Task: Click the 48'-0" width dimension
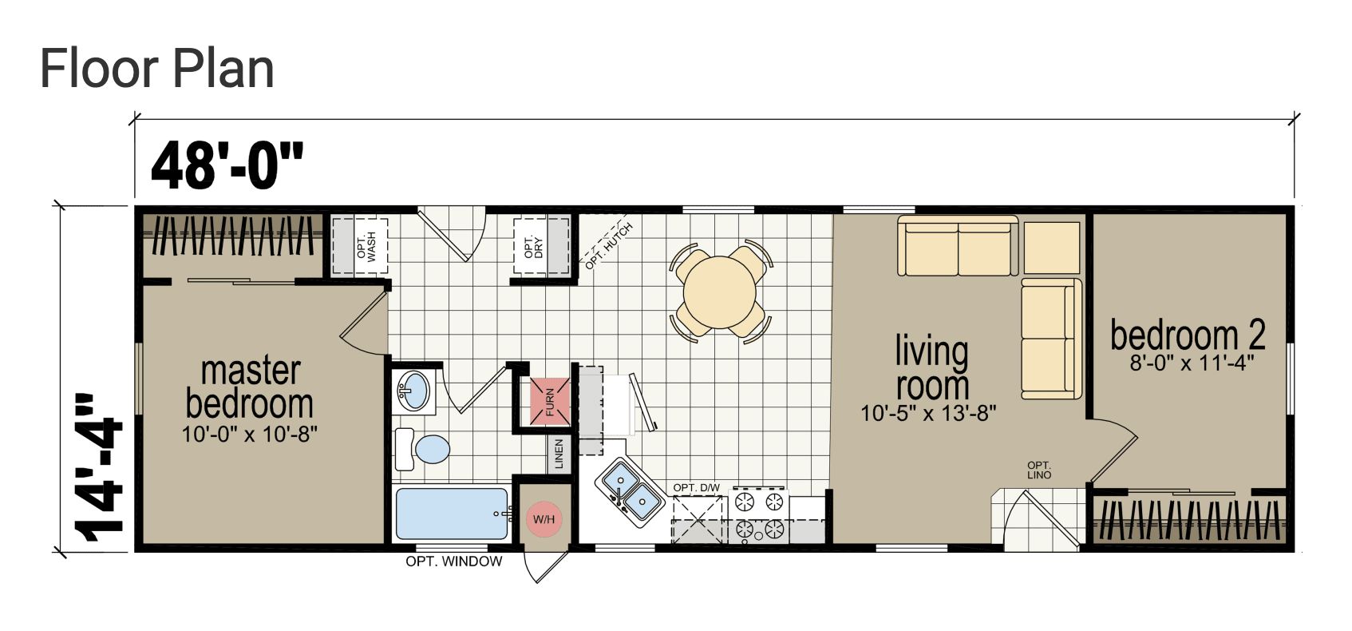click(227, 165)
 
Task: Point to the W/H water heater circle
click(544, 518)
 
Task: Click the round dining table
click(719, 293)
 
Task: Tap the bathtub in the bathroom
click(452, 514)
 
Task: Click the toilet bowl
click(433, 449)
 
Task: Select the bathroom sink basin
click(413, 391)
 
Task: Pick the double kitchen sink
click(631, 491)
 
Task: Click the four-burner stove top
click(759, 515)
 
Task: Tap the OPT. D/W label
click(697, 487)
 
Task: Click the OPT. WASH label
click(366, 246)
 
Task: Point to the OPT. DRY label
click(534, 247)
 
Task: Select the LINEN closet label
click(559, 454)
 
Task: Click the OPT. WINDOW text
click(454, 562)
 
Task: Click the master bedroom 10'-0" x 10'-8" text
click(250, 434)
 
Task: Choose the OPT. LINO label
click(1039, 470)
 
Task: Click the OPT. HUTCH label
click(608, 246)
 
